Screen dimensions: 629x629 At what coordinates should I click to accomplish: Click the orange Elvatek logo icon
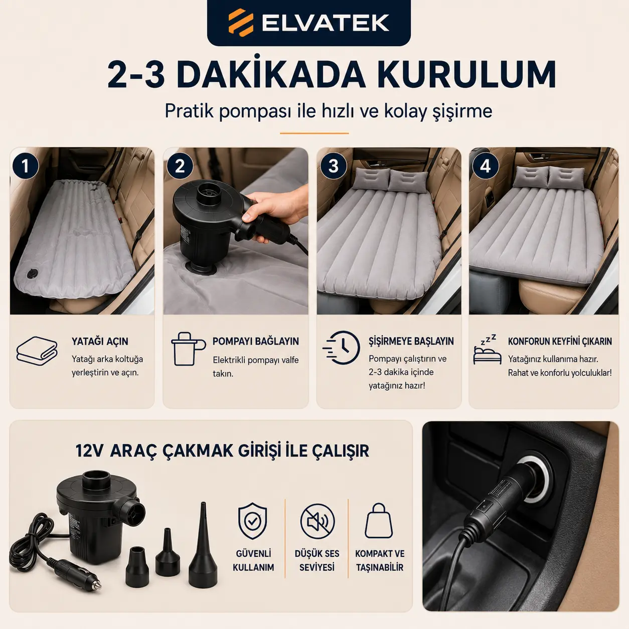point(241,22)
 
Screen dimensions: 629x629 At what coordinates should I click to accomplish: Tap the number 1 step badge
point(26,166)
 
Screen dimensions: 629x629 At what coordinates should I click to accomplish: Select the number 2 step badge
point(180,166)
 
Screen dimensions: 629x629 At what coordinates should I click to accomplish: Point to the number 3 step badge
point(333,166)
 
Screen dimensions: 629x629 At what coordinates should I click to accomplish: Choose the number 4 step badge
point(486,166)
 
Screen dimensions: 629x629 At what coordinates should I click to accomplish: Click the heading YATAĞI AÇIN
point(100,342)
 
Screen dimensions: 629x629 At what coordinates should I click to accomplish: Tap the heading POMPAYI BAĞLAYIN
point(256,342)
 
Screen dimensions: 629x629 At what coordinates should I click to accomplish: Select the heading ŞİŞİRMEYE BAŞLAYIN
point(411,341)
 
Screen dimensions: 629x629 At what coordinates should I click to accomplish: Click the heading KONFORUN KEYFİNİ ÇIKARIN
point(560,342)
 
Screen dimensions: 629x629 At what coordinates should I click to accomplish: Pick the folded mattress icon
point(37,351)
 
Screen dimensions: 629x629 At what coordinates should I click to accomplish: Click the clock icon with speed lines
point(342,348)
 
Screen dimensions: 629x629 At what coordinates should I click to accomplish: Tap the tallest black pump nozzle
point(203,550)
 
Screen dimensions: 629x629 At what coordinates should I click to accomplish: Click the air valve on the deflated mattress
point(32,273)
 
